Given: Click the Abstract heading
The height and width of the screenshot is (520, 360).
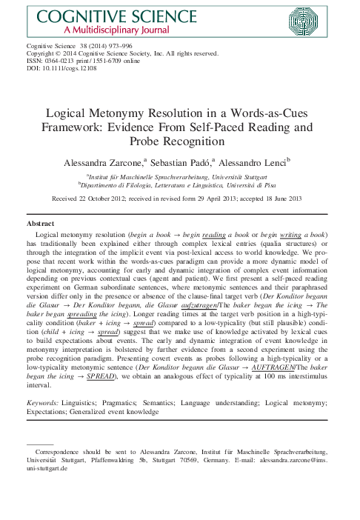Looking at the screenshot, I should point(40,222).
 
